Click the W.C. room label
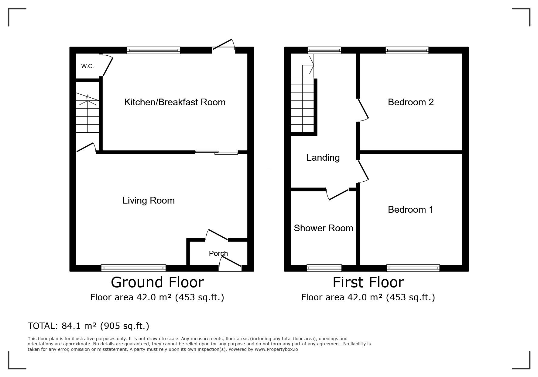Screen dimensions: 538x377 click(87, 66)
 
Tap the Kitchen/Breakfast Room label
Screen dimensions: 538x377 click(175, 102)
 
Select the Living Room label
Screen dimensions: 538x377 click(149, 200)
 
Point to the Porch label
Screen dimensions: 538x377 click(218, 253)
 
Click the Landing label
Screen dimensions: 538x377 click(323, 157)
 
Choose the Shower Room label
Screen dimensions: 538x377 click(323, 228)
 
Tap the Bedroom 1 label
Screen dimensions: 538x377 click(410, 209)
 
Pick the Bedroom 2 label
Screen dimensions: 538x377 click(411, 102)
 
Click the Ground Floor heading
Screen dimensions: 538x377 click(157, 282)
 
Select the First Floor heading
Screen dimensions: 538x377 click(368, 282)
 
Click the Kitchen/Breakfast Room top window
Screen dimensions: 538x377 click(153, 50)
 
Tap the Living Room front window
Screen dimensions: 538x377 click(133, 268)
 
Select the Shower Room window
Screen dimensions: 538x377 click(324, 268)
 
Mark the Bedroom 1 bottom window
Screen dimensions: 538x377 click(413, 268)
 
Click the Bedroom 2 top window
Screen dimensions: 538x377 click(407, 50)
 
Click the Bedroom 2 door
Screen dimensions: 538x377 click(363, 109)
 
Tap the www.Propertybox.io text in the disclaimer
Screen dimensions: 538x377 click(276, 349)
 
